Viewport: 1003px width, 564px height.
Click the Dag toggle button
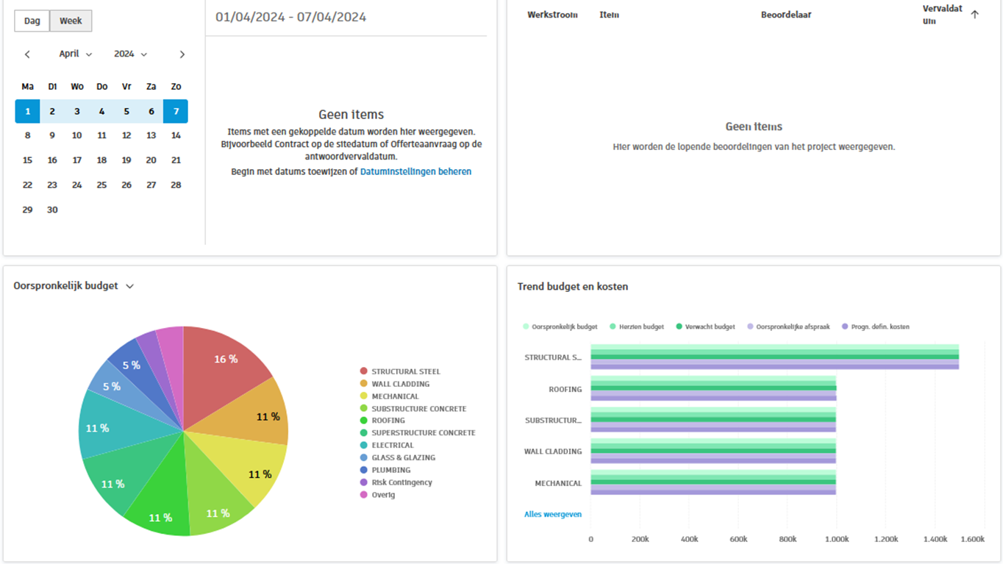pyautogui.click(x=32, y=21)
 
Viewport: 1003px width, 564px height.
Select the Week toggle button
pyautogui.click(x=71, y=21)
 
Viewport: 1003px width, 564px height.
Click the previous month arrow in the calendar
pyautogui.click(x=27, y=54)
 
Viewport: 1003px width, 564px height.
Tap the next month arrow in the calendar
pyautogui.click(x=182, y=54)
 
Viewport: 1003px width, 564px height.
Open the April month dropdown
pyautogui.click(x=75, y=54)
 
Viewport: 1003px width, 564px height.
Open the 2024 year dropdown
pyautogui.click(x=130, y=54)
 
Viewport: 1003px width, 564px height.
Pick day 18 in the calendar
pyautogui.click(x=101, y=160)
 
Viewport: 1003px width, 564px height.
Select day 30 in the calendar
pyautogui.click(x=52, y=210)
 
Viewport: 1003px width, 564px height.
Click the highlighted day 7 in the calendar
pyautogui.click(x=176, y=112)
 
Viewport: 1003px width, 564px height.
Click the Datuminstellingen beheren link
pyautogui.click(x=415, y=171)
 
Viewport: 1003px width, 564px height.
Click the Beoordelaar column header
pyautogui.click(x=785, y=15)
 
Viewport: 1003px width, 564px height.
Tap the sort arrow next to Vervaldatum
pyautogui.click(x=974, y=15)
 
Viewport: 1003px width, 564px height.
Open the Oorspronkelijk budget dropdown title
pyautogui.click(x=74, y=286)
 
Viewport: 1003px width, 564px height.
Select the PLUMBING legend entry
pyautogui.click(x=390, y=470)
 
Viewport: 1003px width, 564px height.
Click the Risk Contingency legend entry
pyautogui.click(x=401, y=482)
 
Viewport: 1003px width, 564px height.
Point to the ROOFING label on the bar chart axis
pyautogui.click(x=565, y=390)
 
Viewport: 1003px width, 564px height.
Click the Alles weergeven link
pyautogui.click(x=552, y=514)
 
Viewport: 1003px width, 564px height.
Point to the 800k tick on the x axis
pyautogui.click(x=788, y=539)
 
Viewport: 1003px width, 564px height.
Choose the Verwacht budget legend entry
pyautogui.click(x=710, y=326)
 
